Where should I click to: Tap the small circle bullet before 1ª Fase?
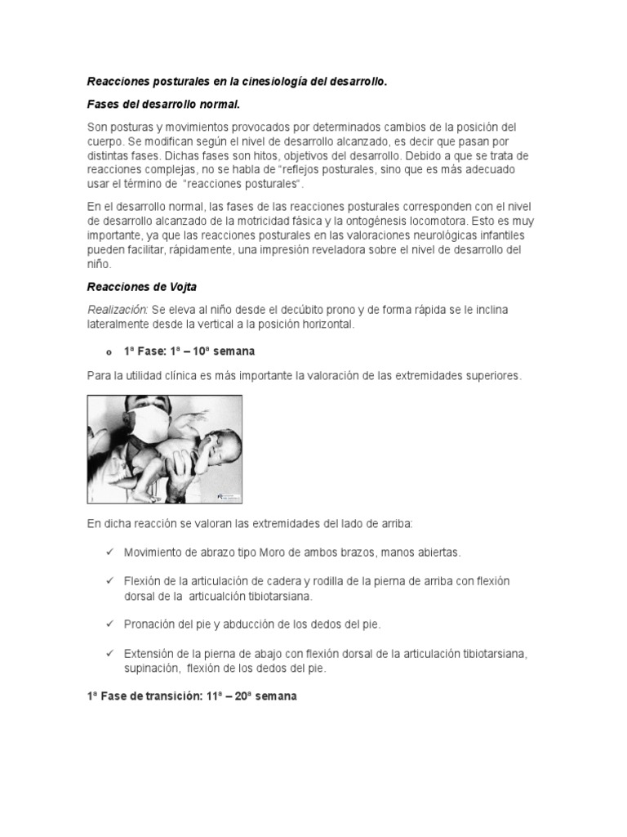coord(108,352)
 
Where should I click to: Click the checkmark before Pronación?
coord(109,624)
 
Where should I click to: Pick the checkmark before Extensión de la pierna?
coord(109,653)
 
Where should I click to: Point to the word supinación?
coord(152,668)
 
